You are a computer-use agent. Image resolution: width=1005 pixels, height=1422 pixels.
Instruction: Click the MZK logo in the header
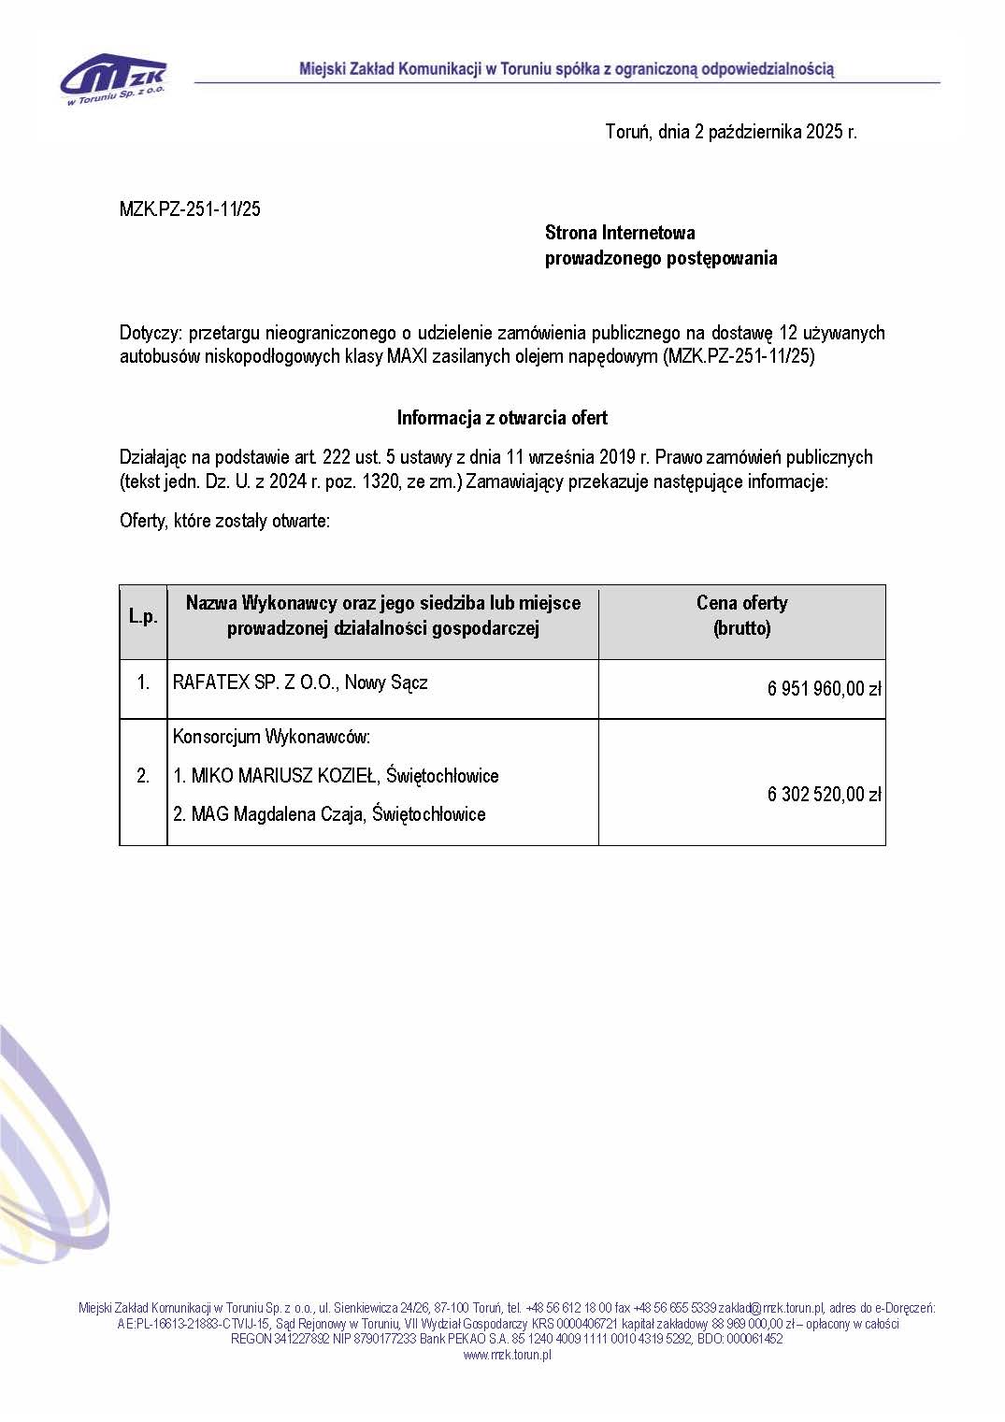click(x=114, y=79)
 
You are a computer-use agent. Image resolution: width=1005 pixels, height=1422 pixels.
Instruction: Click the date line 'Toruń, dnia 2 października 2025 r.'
click(x=730, y=132)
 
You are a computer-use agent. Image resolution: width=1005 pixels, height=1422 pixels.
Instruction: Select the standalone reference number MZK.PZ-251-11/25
click(x=190, y=209)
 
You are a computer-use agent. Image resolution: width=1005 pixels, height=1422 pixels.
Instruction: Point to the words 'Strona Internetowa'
click(x=620, y=233)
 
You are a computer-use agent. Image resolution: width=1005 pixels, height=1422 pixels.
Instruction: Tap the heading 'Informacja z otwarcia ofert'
click(x=502, y=418)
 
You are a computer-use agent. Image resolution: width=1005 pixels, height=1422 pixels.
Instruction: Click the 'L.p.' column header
click(x=143, y=617)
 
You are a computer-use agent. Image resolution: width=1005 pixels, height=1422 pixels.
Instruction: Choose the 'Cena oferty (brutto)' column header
click(x=741, y=615)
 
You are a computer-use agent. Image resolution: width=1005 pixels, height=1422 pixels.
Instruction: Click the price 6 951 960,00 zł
click(x=824, y=689)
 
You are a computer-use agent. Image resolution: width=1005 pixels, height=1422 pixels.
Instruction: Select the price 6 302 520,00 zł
click(x=824, y=795)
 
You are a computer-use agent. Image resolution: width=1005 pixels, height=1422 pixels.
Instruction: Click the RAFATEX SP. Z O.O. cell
click(x=300, y=682)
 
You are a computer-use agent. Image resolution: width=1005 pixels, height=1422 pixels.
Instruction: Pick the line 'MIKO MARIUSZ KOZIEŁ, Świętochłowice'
click(x=336, y=776)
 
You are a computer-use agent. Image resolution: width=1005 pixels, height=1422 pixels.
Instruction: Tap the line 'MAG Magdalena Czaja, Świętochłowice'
click(x=329, y=814)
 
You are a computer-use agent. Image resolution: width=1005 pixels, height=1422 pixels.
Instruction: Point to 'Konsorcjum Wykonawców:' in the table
click(x=271, y=737)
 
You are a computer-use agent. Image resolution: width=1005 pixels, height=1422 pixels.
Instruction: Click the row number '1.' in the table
click(x=143, y=683)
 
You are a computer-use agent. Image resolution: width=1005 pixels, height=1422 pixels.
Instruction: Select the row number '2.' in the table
click(x=143, y=776)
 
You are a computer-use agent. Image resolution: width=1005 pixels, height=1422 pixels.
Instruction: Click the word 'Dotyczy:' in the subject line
click(x=150, y=334)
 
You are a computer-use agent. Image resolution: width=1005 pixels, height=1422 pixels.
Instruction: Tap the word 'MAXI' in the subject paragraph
click(x=408, y=357)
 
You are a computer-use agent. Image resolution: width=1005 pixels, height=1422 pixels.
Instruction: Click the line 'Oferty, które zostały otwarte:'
click(x=224, y=521)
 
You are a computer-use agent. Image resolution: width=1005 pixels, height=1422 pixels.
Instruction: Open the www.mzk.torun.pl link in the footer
click(x=507, y=1355)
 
